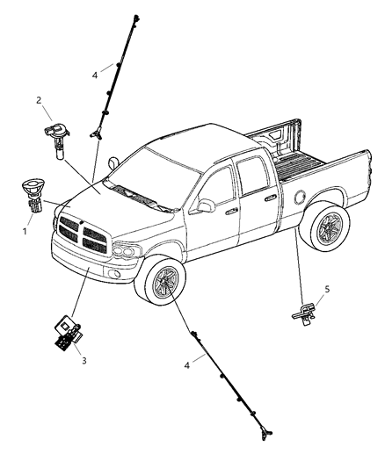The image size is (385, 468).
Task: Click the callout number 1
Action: pyautogui.click(x=25, y=231)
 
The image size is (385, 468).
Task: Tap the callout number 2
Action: pyautogui.click(x=39, y=100)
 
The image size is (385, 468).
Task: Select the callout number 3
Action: pyautogui.click(x=84, y=361)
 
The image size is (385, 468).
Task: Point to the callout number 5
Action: pyautogui.click(x=327, y=289)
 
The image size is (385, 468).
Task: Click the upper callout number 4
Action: pyautogui.click(x=95, y=76)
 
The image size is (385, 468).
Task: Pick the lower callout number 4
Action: pyautogui.click(x=186, y=365)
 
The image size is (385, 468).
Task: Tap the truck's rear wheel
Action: pyautogui.click(x=325, y=227)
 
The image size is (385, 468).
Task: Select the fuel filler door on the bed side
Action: pyautogui.click(x=300, y=198)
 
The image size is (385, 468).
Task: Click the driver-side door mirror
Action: pyautogui.click(x=204, y=206)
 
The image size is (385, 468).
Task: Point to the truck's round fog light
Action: pyautogui.click(x=113, y=273)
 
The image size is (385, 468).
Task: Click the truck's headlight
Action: pyautogui.click(x=127, y=251)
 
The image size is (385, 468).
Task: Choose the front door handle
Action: pyautogui.click(x=231, y=212)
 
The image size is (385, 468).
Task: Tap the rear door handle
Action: pyautogui.click(x=271, y=197)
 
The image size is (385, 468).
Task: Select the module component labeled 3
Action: pyautogui.click(x=68, y=330)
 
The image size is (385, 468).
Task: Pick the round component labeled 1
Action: pyautogui.click(x=33, y=195)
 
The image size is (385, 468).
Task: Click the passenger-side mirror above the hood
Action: pyautogui.click(x=113, y=162)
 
